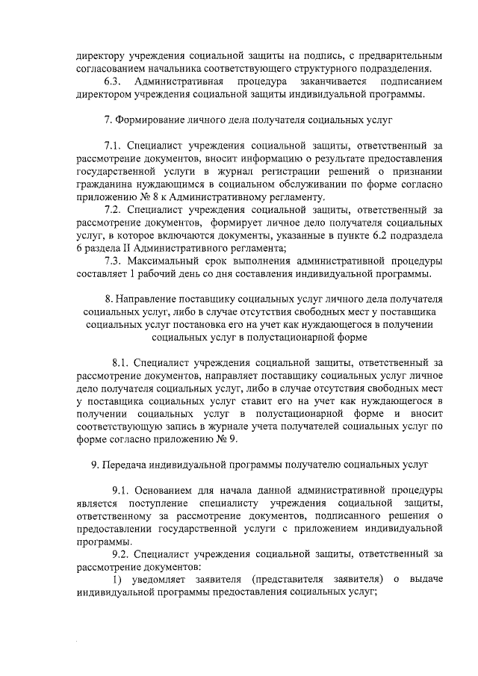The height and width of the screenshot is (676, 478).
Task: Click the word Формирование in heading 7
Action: point(154,120)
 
